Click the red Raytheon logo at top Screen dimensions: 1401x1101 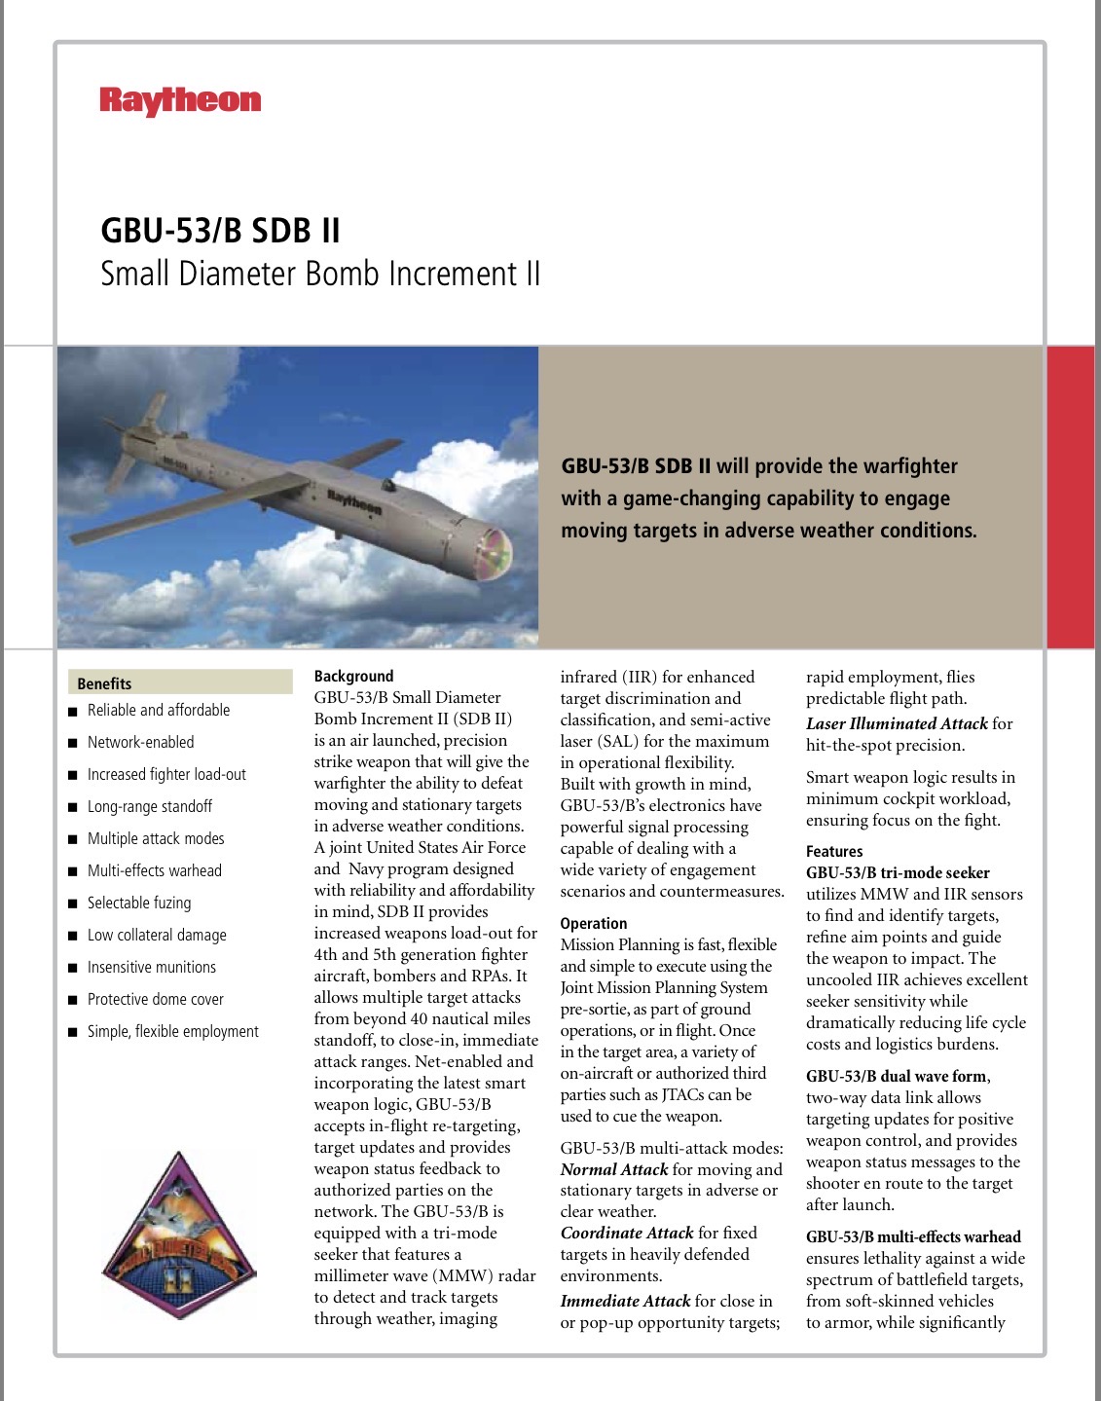[x=180, y=101]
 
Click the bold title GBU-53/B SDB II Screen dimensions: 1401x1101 [x=221, y=231]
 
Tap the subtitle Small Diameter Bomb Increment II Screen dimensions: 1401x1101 [x=320, y=274]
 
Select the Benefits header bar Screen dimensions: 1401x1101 [x=180, y=682]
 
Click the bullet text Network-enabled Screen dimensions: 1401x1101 [x=140, y=742]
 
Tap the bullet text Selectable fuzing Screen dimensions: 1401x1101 [x=139, y=903]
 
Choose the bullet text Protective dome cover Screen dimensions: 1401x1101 [x=155, y=999]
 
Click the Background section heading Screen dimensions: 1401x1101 [x=353, y=676]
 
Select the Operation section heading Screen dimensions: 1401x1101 [x=594, y=923]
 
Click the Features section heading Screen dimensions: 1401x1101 [x=834, y=851]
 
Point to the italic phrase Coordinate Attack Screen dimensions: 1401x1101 [x=627, y=1233]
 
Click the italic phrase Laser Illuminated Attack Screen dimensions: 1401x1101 [x=897, y=723]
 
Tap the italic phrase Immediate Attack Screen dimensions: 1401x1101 [x=625, y=1301]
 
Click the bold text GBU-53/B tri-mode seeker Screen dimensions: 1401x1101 [x=898, y=872]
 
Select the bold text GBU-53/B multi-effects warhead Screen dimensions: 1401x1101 [x=913, y=1236]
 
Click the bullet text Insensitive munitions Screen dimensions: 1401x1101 [x=152, y=967]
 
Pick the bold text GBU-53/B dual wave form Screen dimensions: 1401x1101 [x=897, y=1076]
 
